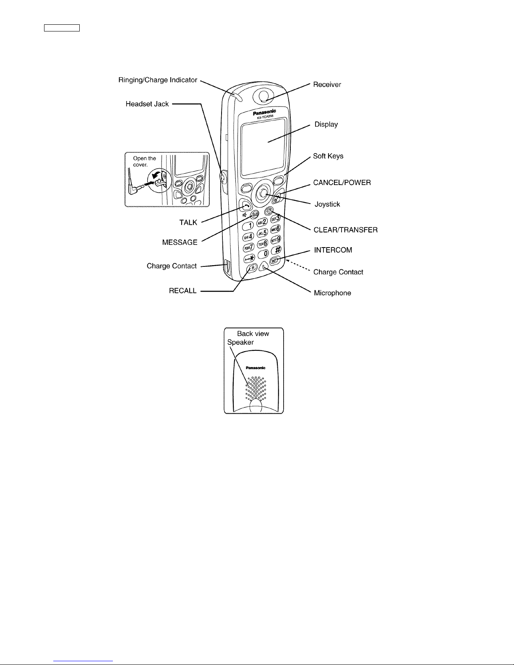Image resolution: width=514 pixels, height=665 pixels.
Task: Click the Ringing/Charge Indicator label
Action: (158, 80)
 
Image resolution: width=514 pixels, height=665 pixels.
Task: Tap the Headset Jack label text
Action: (147, 104)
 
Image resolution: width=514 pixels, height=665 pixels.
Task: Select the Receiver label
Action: (327, 84)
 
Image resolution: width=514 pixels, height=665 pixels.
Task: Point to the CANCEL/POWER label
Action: (342, 183)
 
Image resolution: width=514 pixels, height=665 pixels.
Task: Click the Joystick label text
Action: (327, 204)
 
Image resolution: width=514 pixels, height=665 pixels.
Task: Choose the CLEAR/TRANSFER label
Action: (345, 230)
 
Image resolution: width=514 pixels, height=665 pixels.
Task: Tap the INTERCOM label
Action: (333, 250)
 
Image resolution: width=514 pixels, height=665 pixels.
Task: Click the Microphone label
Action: (332, 293)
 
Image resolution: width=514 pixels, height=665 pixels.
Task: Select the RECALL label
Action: (183, 291)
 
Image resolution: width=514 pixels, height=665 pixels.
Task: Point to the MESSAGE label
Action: (180, 243)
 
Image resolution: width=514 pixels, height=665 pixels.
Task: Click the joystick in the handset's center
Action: (262, 193)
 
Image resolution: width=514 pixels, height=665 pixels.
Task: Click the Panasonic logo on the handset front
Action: (264, 112)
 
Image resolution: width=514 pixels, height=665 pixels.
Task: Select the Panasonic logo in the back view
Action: (256, 368)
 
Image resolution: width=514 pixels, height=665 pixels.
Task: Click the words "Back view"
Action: (253, 334)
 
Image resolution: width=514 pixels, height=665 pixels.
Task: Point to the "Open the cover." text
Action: (144, 162)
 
